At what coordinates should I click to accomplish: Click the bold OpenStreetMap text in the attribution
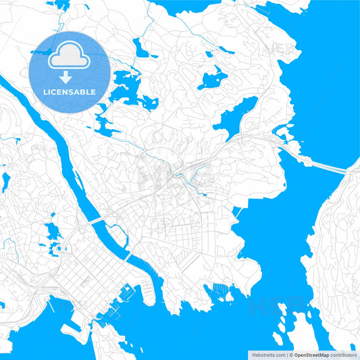[x=311, y=354]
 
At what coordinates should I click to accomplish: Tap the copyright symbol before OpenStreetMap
[x=290, y=354]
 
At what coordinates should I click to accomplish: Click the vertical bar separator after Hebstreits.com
[x=286, y=354]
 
